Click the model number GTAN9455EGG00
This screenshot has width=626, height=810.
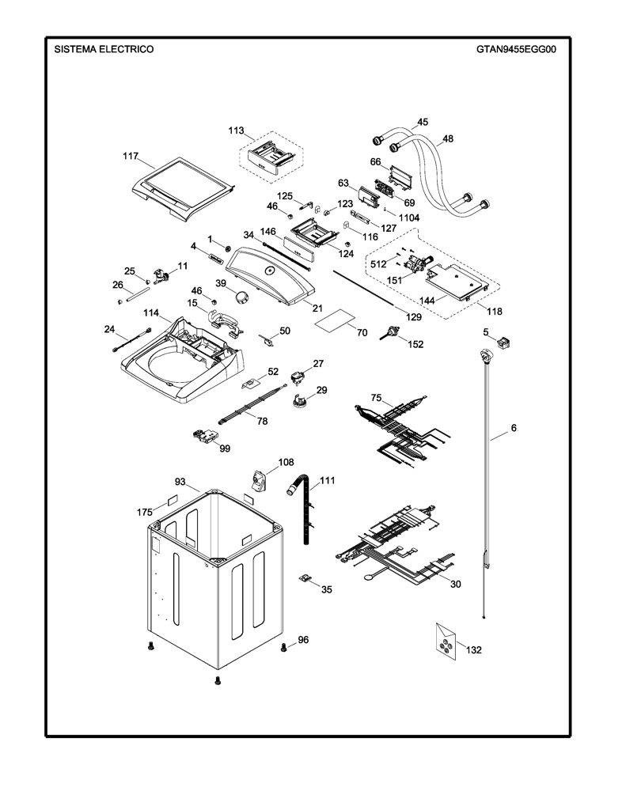point(516,50)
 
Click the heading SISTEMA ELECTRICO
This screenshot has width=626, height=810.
point(104,50)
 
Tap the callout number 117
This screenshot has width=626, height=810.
point(131,156)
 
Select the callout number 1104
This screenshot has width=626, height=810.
point(409,218)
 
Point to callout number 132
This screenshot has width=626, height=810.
point(473,650)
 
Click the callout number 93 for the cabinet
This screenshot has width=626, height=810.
point(180,482)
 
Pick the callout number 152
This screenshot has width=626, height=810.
point(415,345)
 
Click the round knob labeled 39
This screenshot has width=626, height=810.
point(241,297)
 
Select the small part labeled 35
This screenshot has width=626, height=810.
point(306,578)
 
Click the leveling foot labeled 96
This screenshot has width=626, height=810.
point(284,647)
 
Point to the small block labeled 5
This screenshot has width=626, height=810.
point(503,342)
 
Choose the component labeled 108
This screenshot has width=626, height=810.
point(258,482)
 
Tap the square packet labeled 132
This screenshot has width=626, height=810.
point(446,642)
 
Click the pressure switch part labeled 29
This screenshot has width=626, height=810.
point(298,401)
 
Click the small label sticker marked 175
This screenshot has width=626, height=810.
point(171,502)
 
